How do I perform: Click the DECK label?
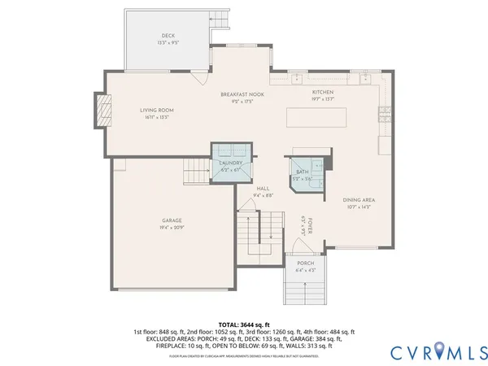[x=168, y=35]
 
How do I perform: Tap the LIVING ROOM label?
[x=156, y=111]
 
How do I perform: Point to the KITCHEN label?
[x=323, y=93]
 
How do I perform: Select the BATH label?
[x=303, y=172]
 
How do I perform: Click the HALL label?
[x=263, y=188]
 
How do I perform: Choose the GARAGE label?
[x=171, y=220]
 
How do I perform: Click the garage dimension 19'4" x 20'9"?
[x=171, y=228]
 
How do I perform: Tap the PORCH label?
[x=305, y=263]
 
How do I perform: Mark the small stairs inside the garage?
[x=197, y=172]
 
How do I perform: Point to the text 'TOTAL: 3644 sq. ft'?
[x=244, y=325]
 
